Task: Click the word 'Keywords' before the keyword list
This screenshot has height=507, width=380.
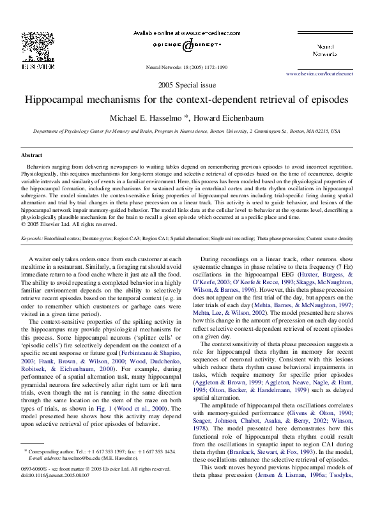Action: (31, 238)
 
